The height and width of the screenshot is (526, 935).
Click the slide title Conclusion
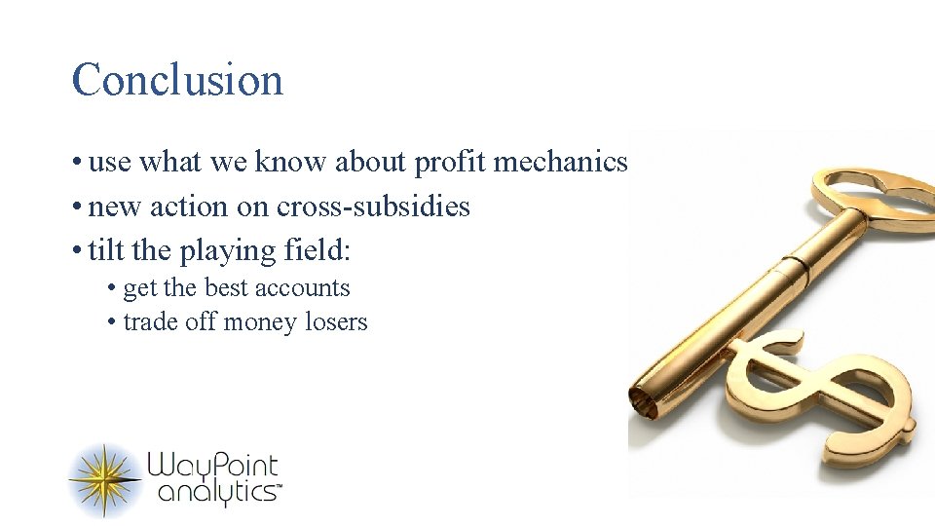point(177,80)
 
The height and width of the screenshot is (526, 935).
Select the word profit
point(450,163)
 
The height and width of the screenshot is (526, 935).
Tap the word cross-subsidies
point(373,207)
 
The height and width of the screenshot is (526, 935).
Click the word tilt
point(106,250)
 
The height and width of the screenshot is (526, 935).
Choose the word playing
point(229,251)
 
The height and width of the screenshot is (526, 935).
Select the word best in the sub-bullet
point(223,288)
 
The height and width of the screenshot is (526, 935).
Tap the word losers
point(335,322)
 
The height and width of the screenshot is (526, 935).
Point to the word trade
point(152,322)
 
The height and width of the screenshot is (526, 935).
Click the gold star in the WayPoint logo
point(105,480)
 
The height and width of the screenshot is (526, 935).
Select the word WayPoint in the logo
point(213,467)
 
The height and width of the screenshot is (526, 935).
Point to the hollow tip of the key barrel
point(643,400)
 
